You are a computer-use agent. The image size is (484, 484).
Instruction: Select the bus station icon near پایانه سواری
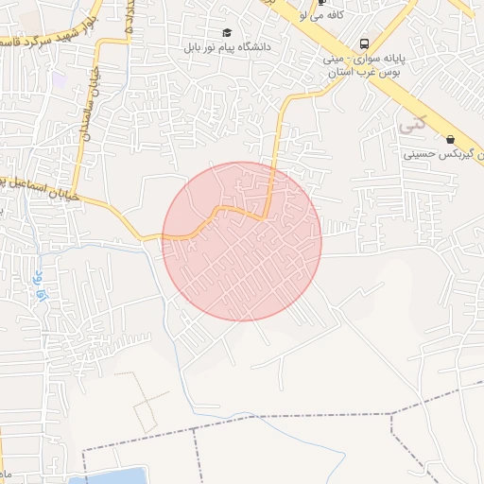pyautogui.click(x=365, y=43)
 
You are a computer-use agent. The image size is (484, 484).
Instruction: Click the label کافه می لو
pyautogui.click(x=321, y=16)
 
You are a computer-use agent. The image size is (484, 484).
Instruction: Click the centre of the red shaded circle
pyautogui.click(x=242, y=241)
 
